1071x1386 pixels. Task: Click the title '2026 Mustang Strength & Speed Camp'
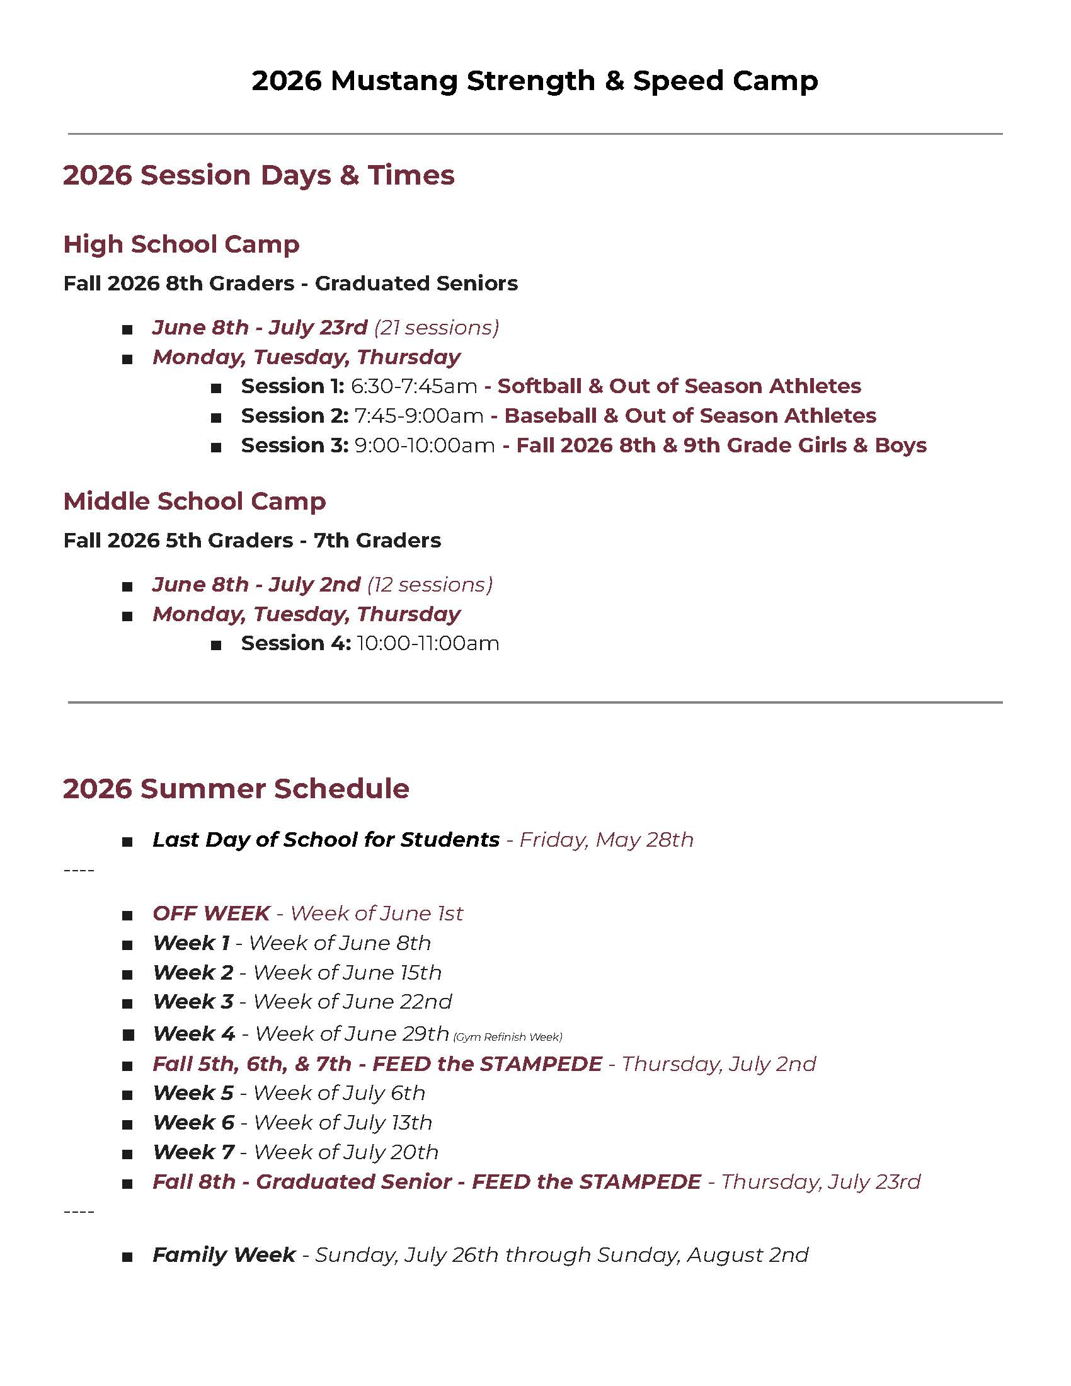pos(534,81)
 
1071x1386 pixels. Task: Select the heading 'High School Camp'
pos(181,244)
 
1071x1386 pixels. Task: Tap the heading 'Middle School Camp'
pos(194,501)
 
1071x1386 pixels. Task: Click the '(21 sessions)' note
pos(437,328)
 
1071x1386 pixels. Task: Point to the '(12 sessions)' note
pos(430,585)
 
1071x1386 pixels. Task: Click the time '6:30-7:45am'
pos(414,386)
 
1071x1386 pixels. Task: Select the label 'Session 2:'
pos(294,416)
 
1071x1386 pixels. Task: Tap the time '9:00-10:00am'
pos(425,445)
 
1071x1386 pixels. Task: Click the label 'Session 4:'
pos(295,643)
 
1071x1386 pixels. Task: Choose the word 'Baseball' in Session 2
pos(550,416)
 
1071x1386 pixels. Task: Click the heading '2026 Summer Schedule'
pos(236,789)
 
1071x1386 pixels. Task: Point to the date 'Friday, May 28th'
pos(606,840)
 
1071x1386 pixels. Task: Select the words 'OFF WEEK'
pos(211,913)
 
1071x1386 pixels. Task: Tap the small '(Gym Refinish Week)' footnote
pos(508,1037)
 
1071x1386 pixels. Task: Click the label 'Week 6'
pos(193,1123)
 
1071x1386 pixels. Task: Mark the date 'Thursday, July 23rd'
pos(820,1182)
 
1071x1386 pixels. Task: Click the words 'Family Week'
pos(224,1254)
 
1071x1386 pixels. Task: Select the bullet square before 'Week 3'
pos(127,1004)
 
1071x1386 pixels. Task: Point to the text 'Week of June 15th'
pos(347,972)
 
